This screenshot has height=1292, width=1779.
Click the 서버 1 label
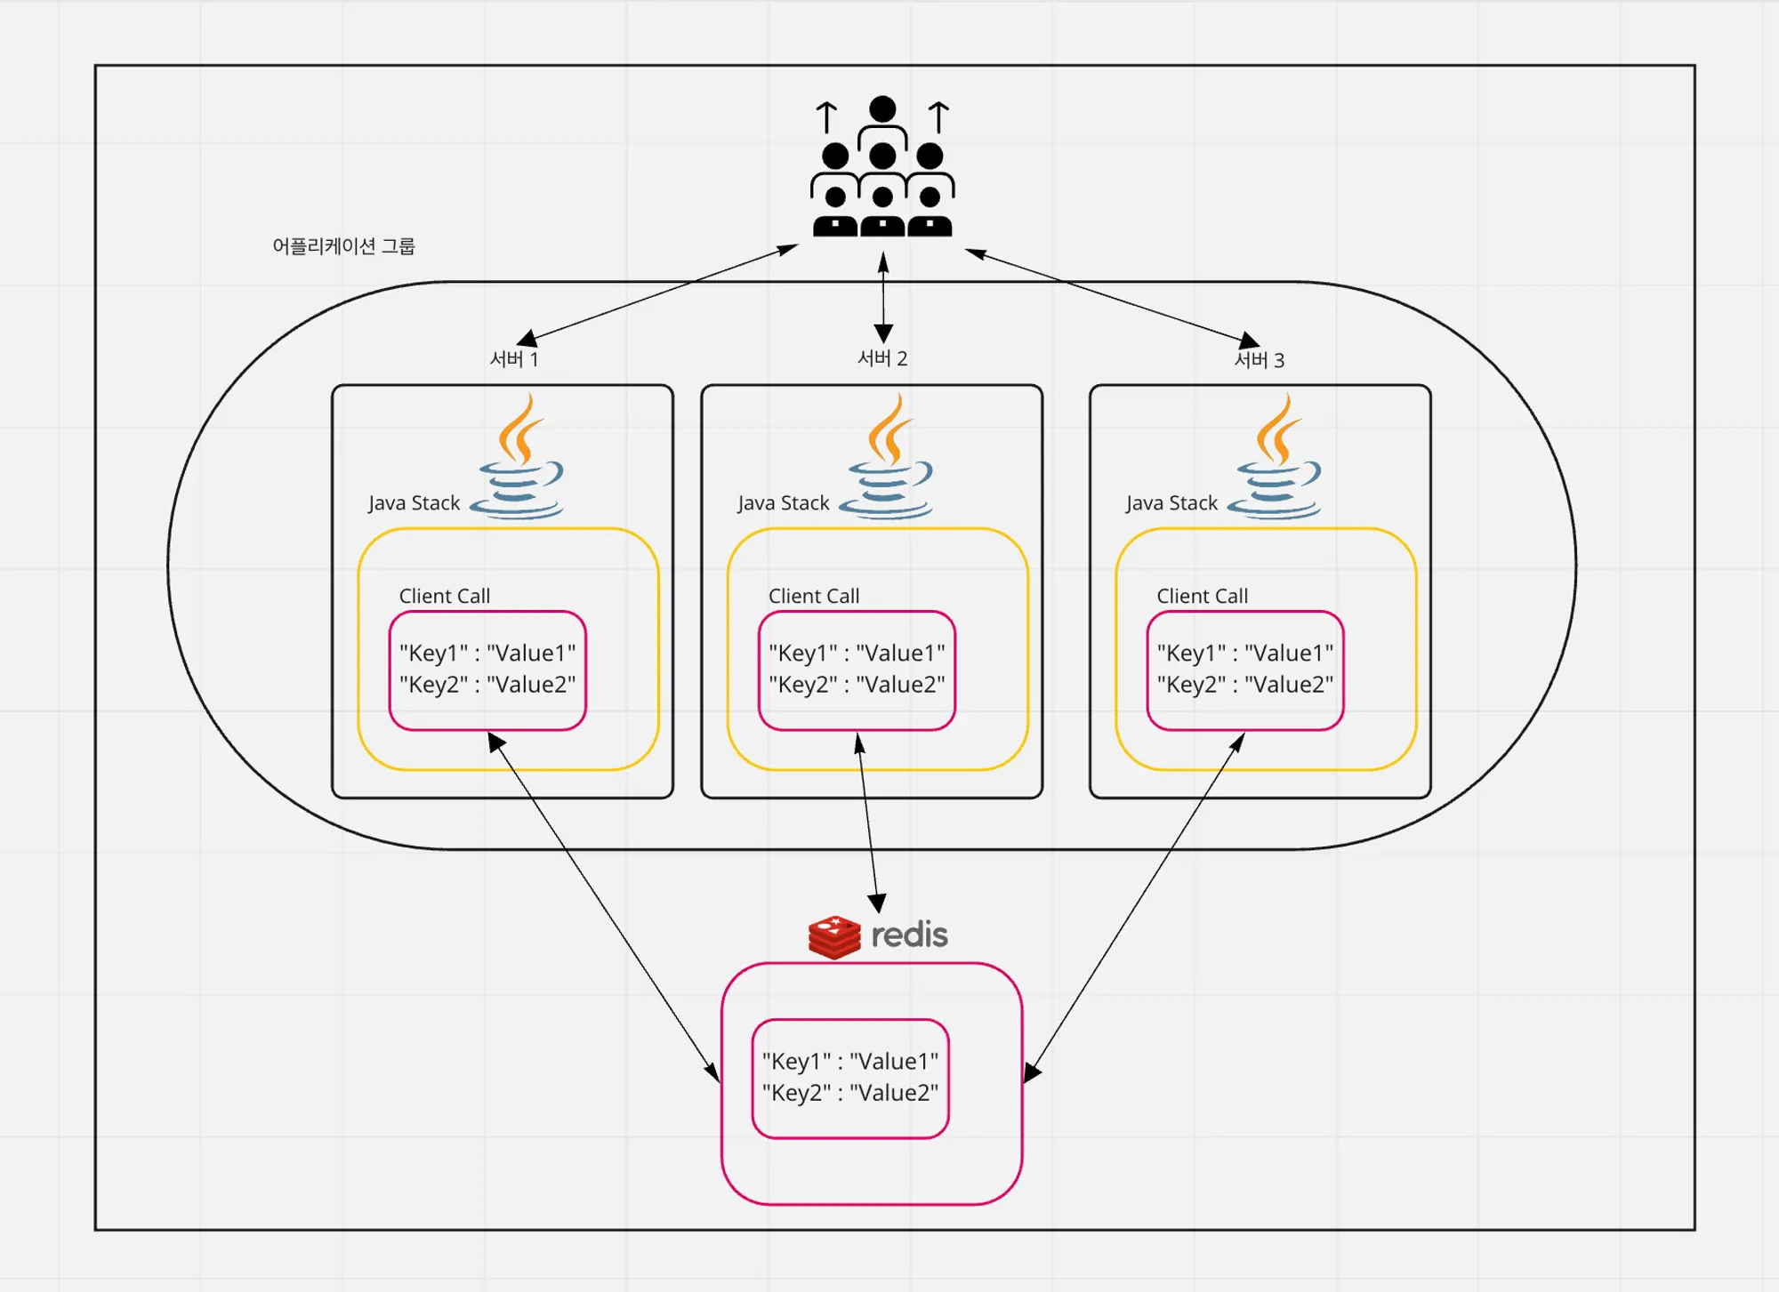click(514, 359)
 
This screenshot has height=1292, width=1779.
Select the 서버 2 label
click(881, 358)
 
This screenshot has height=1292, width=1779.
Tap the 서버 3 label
click(1259, 360)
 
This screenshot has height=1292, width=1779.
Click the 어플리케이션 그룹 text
click(343, 246)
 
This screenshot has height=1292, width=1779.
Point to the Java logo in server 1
click(519, 457)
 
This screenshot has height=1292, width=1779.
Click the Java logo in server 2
click(888, 457)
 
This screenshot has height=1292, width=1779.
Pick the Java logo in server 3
click(1276, 457)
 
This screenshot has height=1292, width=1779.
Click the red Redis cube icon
click(833, 937)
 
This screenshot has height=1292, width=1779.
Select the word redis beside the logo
click(909, 935)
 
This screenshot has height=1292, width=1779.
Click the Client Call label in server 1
click(444, 596)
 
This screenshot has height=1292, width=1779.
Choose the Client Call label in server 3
click(1202, 596)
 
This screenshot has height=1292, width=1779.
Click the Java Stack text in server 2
click(783, 503)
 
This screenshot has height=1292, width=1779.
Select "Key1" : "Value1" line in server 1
click(487, 654)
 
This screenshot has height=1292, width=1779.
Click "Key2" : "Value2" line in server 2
click(857, 685)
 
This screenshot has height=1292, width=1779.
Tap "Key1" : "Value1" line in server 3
click(1244, 654)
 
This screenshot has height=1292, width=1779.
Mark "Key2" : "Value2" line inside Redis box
click(849, 1093)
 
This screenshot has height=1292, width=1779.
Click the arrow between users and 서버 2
click(883, 298)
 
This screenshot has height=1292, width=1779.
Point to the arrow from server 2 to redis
click(868, 823)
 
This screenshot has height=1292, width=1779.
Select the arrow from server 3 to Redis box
click(1134, 905)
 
